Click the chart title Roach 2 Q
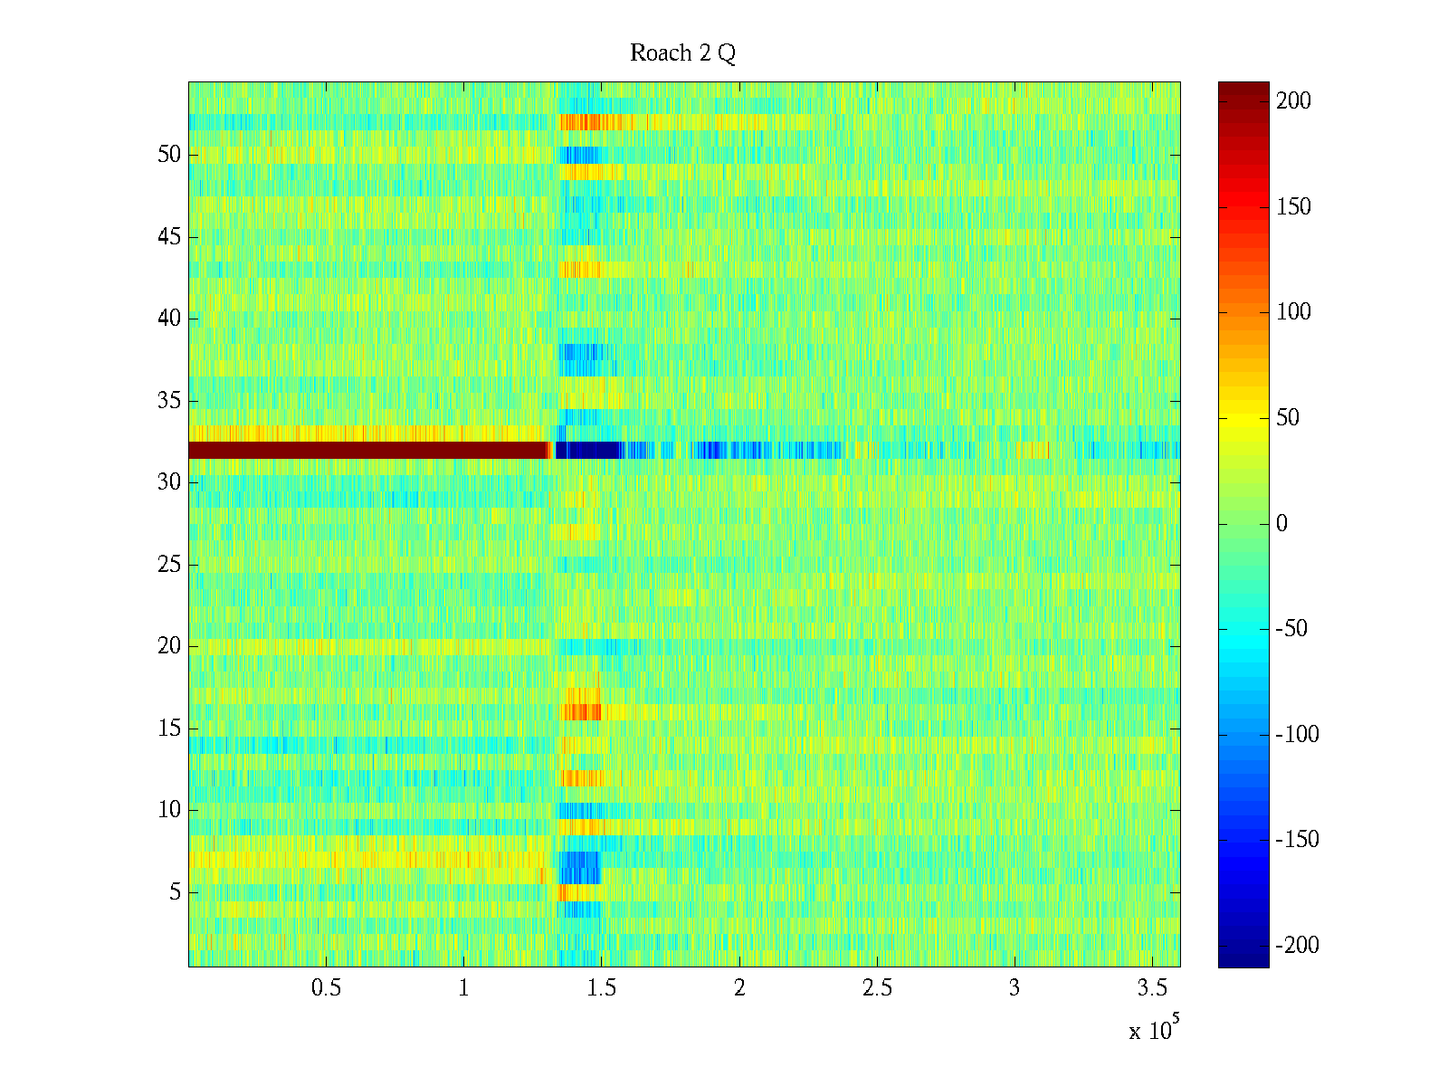click(x=682, y=53)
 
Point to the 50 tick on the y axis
click(x=169, y=155)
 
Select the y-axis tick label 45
click(x=169, y=237)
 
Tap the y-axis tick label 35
click(x=169, y=401)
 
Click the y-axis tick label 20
click(x=169, y=646)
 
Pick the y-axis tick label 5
click(x=175, y=892)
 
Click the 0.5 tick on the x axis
click(x=327, y=988)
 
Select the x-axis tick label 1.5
click(x=602, y=988)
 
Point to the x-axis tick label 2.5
click(x=877, y=988)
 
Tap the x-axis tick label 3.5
click(x=1152, y=988)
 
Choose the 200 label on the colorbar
click(x=1293, y=101)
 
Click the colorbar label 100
click(x=1293, y=312)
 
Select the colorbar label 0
click(x=1281, y=524)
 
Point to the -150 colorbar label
click(x=1297, y=840)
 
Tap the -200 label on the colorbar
click(x=1297, y=946)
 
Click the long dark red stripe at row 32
click(x=368, y=450)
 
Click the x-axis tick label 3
click(x=1015, y=988)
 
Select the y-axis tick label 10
click(x=169, y=810)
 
